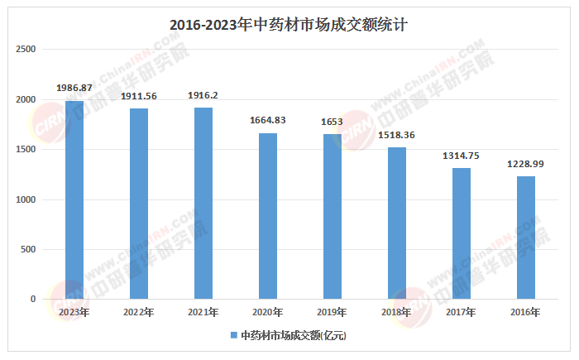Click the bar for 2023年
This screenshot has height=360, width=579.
[x=74, y=199]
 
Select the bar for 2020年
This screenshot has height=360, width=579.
[x=267, y=215]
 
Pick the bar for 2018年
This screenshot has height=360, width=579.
[x=397, y=223]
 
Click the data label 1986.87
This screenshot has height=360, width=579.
[x=74, y=87]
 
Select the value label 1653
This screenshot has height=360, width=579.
[x=332, y=121]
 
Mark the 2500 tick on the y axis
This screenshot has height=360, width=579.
[x=26, y=50]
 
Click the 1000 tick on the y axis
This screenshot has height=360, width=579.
[x=26, y=199]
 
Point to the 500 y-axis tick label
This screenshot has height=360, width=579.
[x=29, y=249]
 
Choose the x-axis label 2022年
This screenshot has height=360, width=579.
[x=139, y=312]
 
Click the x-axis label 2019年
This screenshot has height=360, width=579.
[x=332, y=312]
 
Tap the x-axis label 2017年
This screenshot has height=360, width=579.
[x=462, y=312]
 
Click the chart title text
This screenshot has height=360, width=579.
[x=289, y=25]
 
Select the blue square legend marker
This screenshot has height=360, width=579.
[x=233, y=335]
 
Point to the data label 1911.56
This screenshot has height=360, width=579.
[x=139, y=96]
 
